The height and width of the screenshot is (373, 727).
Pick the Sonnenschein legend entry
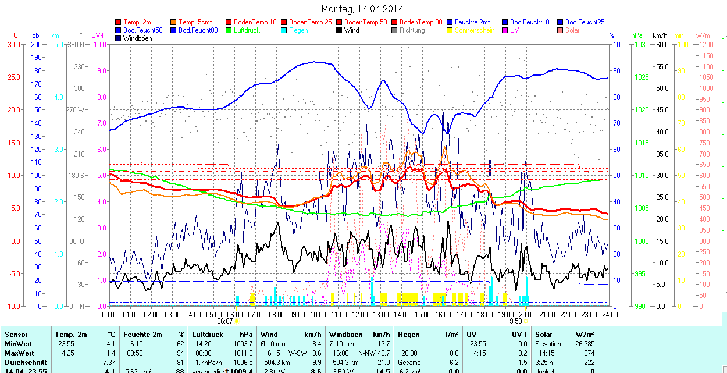point(475,30)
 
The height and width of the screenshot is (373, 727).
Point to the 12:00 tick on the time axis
point(360,315)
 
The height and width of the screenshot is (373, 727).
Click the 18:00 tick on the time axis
point(485,315)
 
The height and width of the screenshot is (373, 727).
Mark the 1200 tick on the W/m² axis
point(705,44)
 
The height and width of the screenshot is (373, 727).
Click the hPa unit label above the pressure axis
point(637,35)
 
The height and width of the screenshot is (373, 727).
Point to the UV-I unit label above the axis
point(97,35)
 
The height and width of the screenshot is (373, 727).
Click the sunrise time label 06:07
point(225,321)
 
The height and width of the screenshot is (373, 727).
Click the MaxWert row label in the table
point(19,353)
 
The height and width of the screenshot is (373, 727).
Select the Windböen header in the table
point(347,335)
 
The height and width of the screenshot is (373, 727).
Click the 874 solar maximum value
point(589,353)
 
